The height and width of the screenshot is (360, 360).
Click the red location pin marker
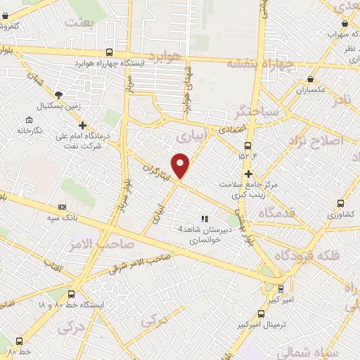pos(181,165)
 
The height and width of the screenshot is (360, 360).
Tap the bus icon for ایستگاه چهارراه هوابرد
pos(108,52)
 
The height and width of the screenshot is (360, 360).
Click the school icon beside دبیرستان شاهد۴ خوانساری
pos(205,219)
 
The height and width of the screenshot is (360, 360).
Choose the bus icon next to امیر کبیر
pos(281,288)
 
